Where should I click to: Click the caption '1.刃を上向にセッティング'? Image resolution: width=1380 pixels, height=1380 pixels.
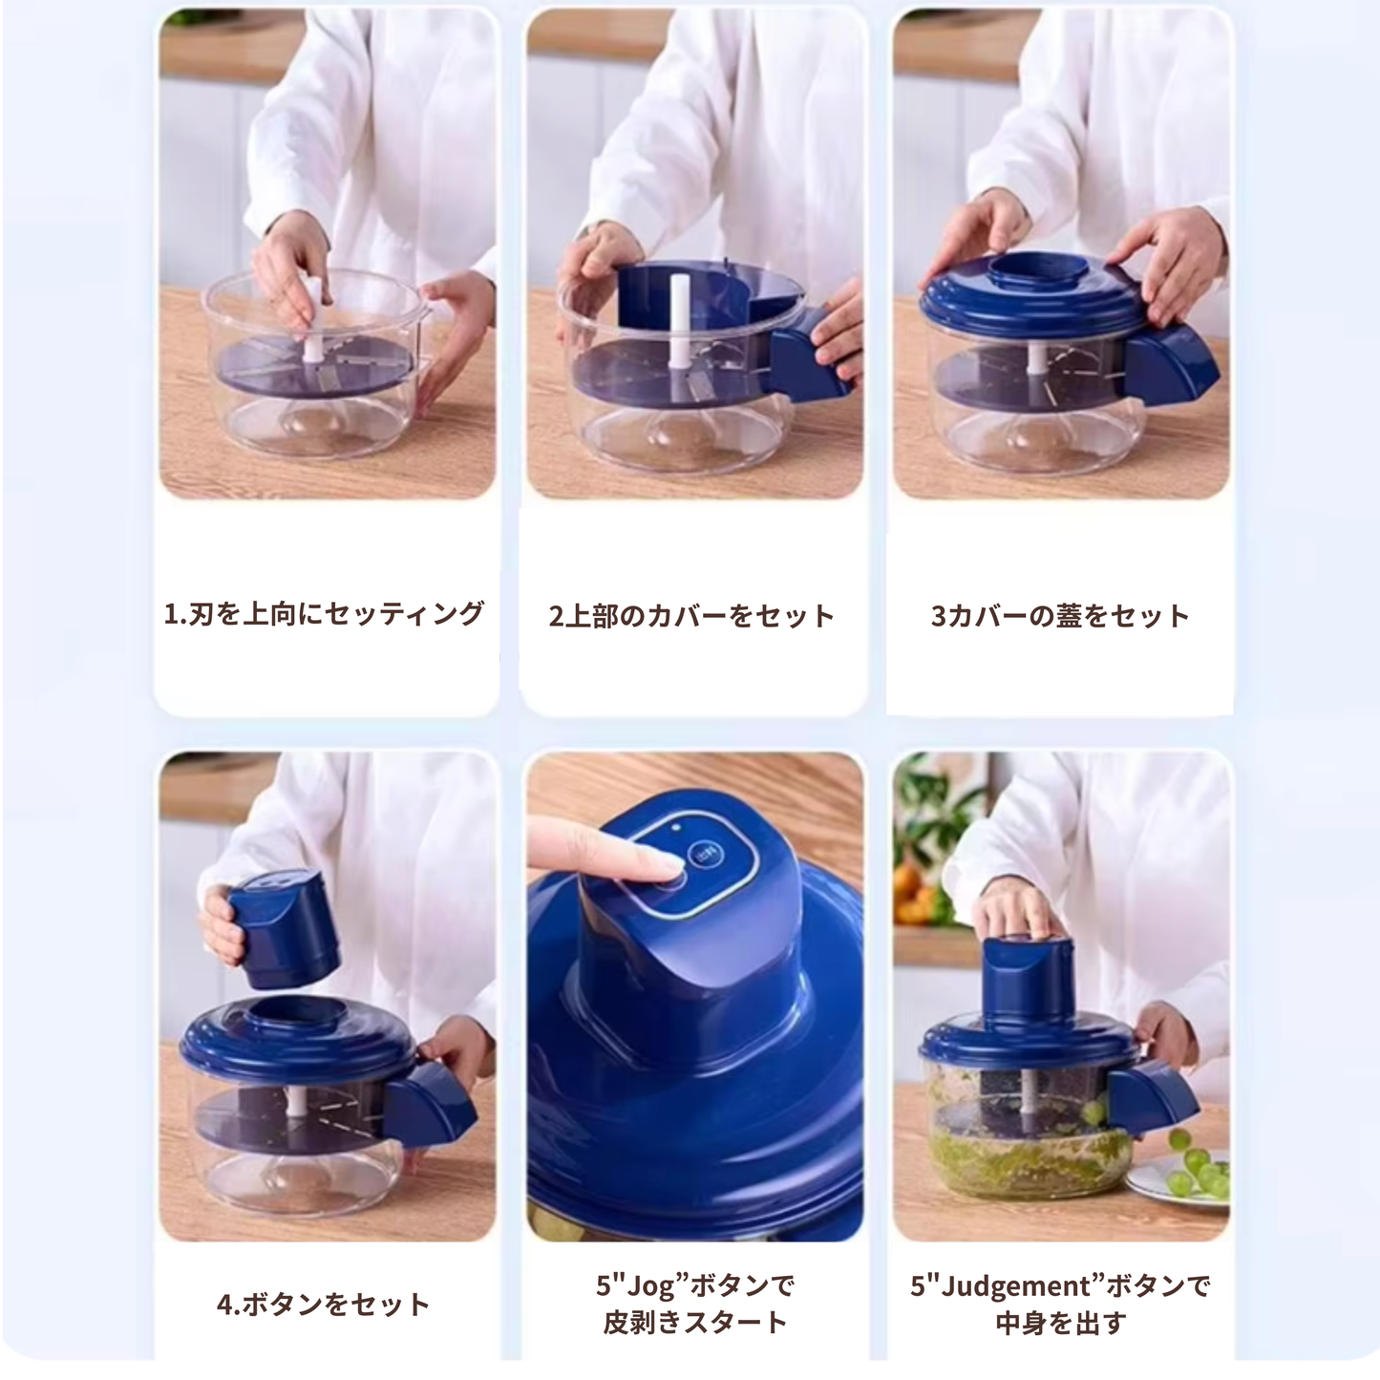tap(324, 614)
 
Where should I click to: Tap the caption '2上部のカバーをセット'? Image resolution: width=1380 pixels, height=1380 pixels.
tap(691, 616)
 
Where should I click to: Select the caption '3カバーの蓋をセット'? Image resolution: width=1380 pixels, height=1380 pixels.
tap(1060, 616)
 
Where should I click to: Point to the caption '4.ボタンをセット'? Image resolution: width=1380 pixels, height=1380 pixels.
tap(324, 1305)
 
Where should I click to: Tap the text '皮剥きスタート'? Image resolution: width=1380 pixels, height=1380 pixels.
tap(695, 1322)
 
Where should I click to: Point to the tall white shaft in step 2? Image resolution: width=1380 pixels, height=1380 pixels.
tap(680, 322)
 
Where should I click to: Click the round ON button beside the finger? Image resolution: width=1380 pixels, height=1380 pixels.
tap(706, 855)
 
